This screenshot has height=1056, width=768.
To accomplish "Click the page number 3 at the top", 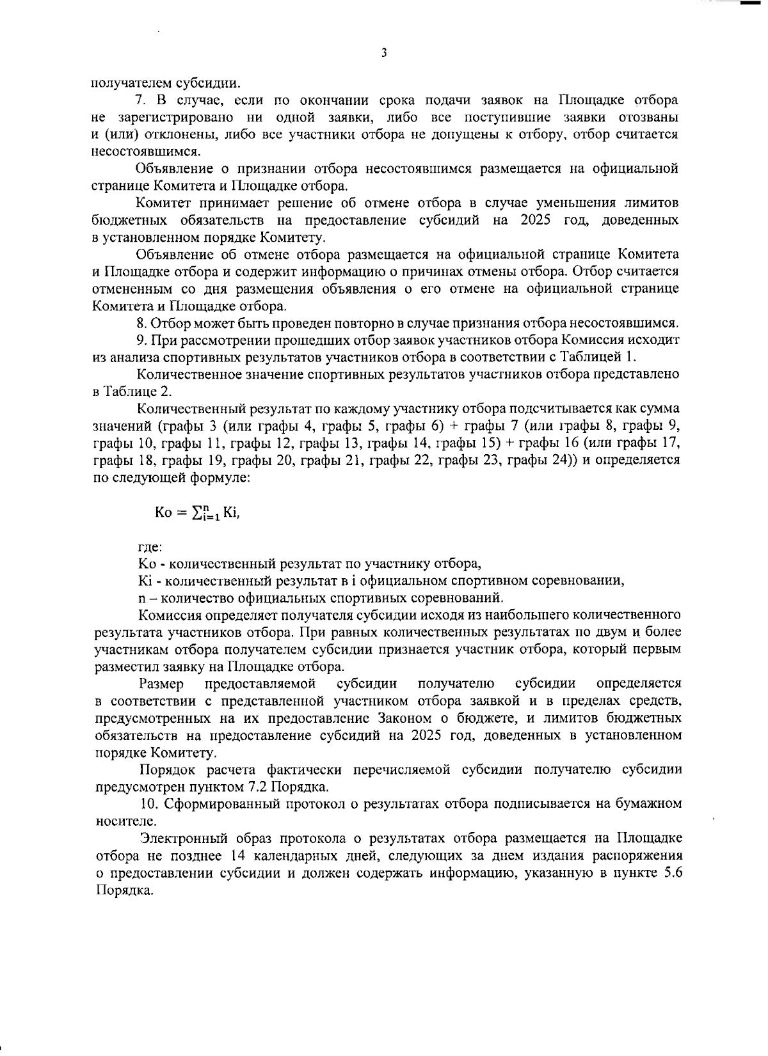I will pyautogui.click(x=383, y=53).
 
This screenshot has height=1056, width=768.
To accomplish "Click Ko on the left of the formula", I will pyautogui.click(x=163, y=513).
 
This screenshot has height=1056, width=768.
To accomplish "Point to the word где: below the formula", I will pyautogui.click(x=150, y=547).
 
